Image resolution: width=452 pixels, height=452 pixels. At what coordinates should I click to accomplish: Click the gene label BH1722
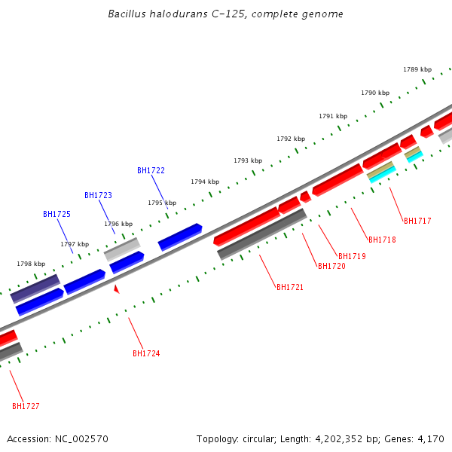[x=151, y=170]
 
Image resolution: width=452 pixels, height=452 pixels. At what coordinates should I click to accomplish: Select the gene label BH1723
[x=98, y=195]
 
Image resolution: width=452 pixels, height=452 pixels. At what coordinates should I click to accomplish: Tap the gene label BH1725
[x=56, y=214]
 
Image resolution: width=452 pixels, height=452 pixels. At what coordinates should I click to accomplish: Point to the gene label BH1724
[x=146, y=353]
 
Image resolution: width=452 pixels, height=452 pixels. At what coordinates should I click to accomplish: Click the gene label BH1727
[x=26, y=406]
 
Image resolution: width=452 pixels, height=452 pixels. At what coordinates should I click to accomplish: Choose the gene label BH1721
[x=290, y=287]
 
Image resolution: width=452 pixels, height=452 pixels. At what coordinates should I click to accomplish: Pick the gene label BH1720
[x=331, y=266]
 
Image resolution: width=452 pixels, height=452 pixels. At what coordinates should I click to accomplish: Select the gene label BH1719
[x=352, y=256]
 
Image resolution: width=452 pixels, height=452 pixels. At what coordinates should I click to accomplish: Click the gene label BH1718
[x=382, y=240]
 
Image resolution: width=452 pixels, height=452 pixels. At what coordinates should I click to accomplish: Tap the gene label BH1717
[x=417, y=221]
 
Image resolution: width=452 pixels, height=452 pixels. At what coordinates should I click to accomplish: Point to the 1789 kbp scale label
[x=417, y=69]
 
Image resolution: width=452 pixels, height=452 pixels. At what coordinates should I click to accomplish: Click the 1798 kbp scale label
[x=31, y=264]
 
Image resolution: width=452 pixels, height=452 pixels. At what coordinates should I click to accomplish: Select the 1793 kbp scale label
[x=248, y=160]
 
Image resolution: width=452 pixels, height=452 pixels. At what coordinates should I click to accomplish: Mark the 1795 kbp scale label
[x=162, y=203]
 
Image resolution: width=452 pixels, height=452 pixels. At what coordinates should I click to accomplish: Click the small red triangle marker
[x=116, y=289]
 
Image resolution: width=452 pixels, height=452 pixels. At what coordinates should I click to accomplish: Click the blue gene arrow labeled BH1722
[x=180, y=236]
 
